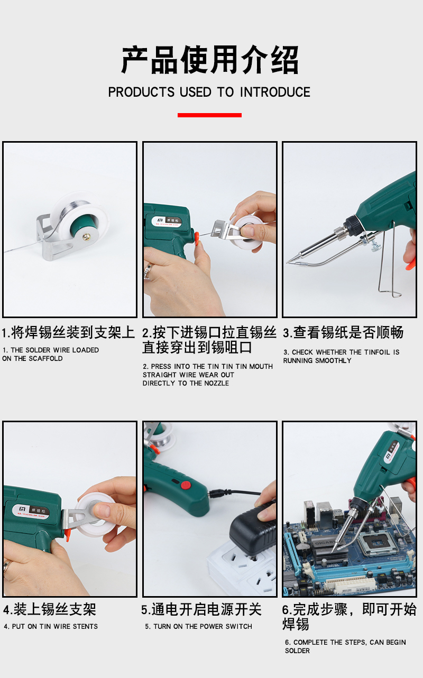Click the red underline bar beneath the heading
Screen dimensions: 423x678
(209, 115)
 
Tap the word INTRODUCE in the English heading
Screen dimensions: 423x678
(275, 92)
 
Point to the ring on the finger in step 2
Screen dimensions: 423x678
(149, 270)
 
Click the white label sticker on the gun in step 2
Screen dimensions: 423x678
(167, 221)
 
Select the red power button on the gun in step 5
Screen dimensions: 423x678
(186, 486)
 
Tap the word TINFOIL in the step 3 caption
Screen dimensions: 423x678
(377, 352)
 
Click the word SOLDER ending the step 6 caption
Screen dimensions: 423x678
(297, 651)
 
